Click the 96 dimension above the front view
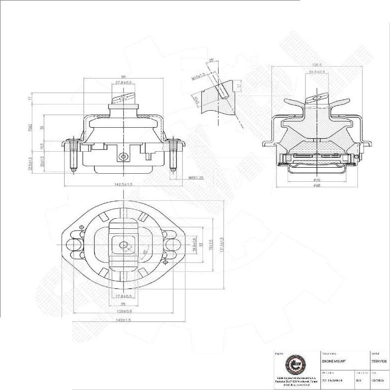123,77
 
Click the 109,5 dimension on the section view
316,65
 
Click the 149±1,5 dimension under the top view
123,320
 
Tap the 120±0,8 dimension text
123,311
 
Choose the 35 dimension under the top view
123,303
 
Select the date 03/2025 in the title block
377,380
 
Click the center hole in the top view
123,245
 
